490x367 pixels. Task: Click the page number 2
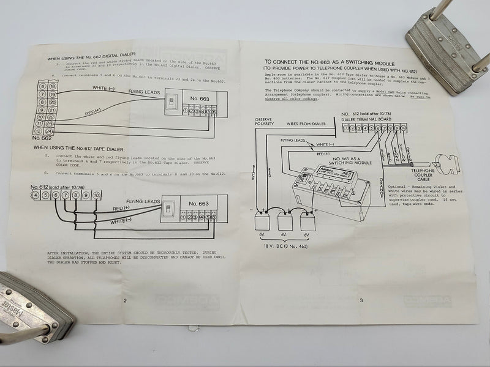coord(125,300)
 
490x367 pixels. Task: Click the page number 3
coord(361,300)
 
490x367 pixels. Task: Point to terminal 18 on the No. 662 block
coord(53,86)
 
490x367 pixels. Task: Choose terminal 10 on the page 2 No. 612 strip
coord(96,195)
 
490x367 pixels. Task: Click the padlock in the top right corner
coord(448,46)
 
